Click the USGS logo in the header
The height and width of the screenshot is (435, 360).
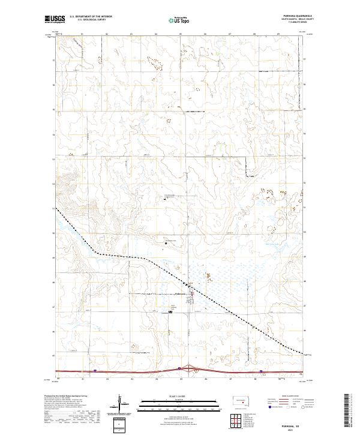[x=52, y=20]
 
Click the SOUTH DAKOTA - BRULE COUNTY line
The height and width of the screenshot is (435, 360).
[x=295, y=20]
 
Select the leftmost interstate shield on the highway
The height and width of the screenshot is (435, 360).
[x=94, y=371]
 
